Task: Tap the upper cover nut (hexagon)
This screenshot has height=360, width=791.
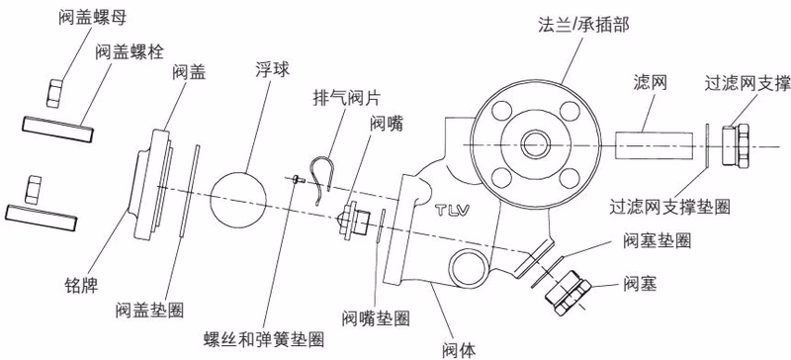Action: [53, 92]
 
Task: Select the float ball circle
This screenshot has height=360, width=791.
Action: [238, 200]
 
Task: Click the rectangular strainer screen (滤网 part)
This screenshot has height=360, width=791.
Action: [655, 145]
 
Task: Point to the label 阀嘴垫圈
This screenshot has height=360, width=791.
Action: [376, 318]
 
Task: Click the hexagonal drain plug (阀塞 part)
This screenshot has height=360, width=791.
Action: [569, 293]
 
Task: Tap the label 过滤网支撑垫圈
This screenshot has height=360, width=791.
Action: [669, 206]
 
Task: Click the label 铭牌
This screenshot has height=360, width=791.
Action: [82, 287]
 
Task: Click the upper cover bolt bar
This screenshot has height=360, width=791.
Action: [57, 129]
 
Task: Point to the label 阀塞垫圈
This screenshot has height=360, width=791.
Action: [657, 241]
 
